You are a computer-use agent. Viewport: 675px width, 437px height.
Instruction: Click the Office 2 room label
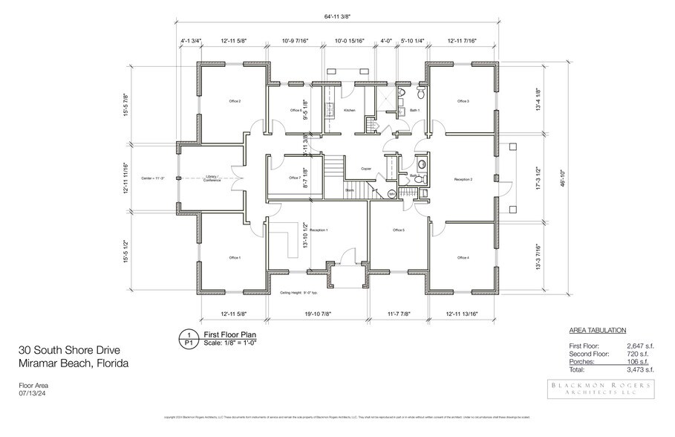(x=235, y=101)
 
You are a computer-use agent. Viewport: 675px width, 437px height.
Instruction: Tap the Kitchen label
(x=349, y=110)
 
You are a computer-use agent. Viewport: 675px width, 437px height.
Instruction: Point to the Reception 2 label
(x=463, y=179)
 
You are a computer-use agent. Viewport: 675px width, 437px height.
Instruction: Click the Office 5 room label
(x=398, y=230)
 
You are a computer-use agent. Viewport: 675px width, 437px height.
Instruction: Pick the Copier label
(x=366, y=169)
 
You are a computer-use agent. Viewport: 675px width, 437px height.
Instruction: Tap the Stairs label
(x=349, y=190)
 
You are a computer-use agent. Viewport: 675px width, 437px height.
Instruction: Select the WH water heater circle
(x=392, y=194)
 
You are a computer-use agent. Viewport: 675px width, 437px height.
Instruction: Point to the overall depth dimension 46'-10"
(x=563, y=178)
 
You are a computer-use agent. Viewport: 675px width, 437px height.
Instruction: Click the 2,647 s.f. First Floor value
(x=638, y=346)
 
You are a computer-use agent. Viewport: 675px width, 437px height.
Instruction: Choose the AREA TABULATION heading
(x=597, y=330)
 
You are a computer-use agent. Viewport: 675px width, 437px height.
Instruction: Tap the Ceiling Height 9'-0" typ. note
(x=301, y=293)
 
